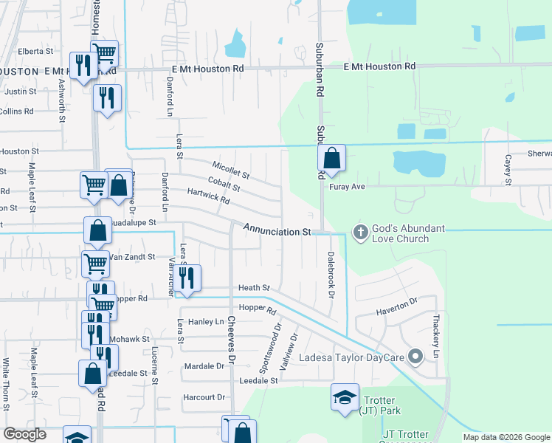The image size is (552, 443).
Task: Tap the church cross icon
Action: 361,233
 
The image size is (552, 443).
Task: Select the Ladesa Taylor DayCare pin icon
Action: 415,357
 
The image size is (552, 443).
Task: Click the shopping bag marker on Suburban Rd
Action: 332,158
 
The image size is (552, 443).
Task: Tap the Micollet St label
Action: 231,171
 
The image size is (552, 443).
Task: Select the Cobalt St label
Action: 224,184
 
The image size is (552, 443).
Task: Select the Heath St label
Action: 254,288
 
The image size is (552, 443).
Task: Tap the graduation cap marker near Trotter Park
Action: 345,398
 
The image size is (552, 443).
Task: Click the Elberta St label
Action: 36,52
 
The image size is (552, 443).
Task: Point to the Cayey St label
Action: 508,171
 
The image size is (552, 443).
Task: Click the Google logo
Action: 25,434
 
